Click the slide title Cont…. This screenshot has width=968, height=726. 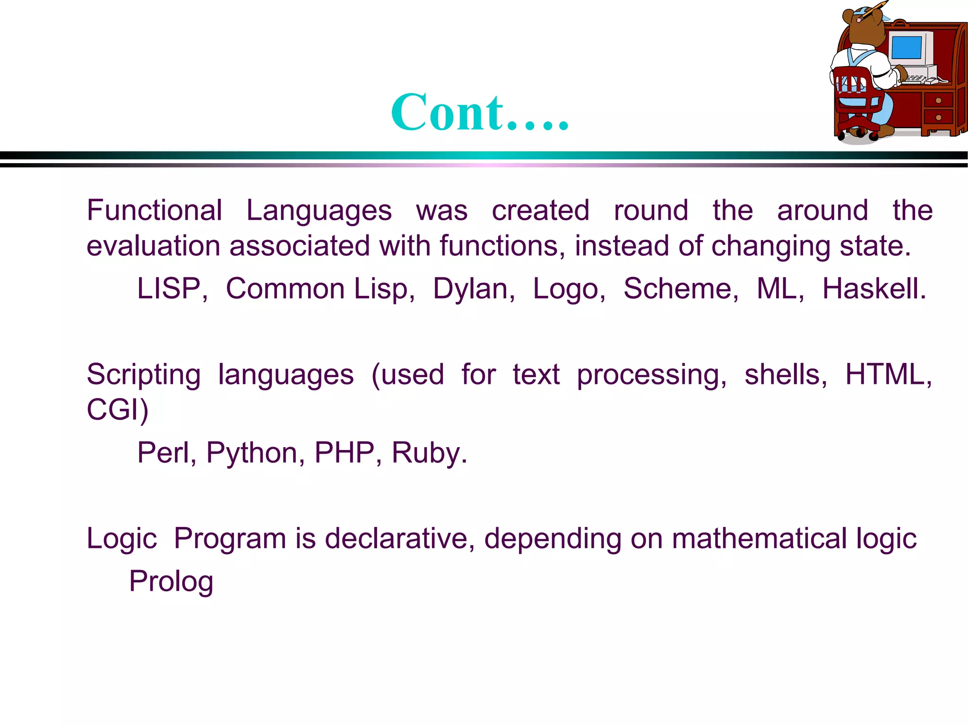(480, 112)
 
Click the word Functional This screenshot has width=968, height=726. (154, 210)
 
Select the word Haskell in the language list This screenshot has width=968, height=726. (874, 289)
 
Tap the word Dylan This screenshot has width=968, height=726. (474, 289)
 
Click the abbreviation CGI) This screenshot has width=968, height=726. (118, 410)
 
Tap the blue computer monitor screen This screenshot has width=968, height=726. (906, 48)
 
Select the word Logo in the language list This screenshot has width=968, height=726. (569, 290)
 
